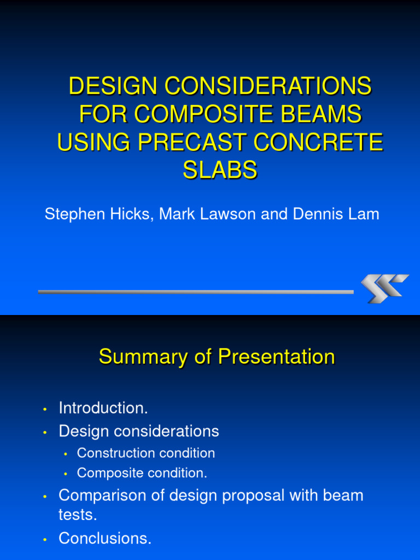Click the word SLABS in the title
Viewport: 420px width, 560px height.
click(x=220, y=171)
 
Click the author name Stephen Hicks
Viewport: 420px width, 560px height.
click(x=99, y=214)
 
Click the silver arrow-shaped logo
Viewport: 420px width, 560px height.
click(x=384, y=288)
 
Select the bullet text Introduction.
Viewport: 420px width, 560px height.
click(x=103, y=408)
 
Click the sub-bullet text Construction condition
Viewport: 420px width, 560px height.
click(x=146, y=453)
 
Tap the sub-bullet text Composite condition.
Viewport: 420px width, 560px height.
click(x=142, y=473)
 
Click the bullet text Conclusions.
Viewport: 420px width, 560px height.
click(x=105, y=539)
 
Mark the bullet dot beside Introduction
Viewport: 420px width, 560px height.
click(x=45, y=409)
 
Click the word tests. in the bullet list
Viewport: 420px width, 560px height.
click(x=78, y=515)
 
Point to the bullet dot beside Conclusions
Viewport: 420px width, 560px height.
click(x=45, y=540)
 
